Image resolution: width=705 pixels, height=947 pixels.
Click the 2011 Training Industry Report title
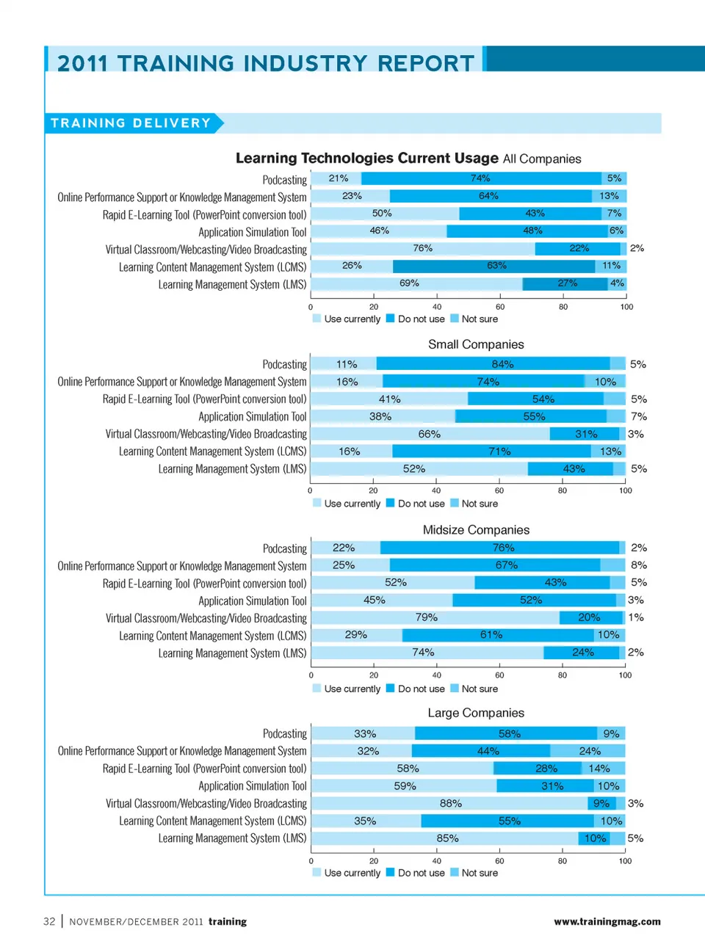pyautogui.click(x=266, y=63)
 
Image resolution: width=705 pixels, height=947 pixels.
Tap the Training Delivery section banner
pyautogui.click(x=131, y=123)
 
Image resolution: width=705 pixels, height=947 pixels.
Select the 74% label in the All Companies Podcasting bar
pyautogui.click(x=480, y=178)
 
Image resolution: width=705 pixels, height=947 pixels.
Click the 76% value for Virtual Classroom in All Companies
pyautogui.click(x=422, y=248)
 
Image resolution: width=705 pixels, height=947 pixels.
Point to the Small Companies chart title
pyautogui.click(x=476, y=344)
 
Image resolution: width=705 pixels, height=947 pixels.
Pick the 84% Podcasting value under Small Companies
pyautogui.click(x=502, y=364)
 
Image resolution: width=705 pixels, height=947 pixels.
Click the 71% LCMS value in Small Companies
pyautogui.click(x=499, y=451)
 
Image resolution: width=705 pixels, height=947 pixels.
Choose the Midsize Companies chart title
pyautogui.click(x=476, y=530)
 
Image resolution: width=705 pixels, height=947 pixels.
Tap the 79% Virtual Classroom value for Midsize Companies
pyautogui.click(x=426, y=617)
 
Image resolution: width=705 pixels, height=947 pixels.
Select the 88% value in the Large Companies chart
pyautogui.click(x=450, y=803)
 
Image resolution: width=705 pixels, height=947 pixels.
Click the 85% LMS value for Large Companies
pyautogui.click(x=447, y=838)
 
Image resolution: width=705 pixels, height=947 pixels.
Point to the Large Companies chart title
pyautogui.click(x=476, y=713)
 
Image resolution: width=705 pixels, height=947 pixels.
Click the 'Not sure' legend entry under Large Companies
pyautogui.click(x=479, y=873)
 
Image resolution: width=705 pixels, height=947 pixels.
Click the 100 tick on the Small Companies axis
pyautogui.click(x=625, y=490)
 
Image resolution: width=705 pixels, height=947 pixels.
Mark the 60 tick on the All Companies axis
pyautogui.click(x=500, y=307)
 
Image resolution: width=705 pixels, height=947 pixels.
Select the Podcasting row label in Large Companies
pyautogui.click(x=285, y=733)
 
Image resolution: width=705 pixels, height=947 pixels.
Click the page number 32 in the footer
pyautogui.click(x=49, y=921)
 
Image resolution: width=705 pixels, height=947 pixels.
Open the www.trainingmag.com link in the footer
pyautogui.click(x=607, y=921)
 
